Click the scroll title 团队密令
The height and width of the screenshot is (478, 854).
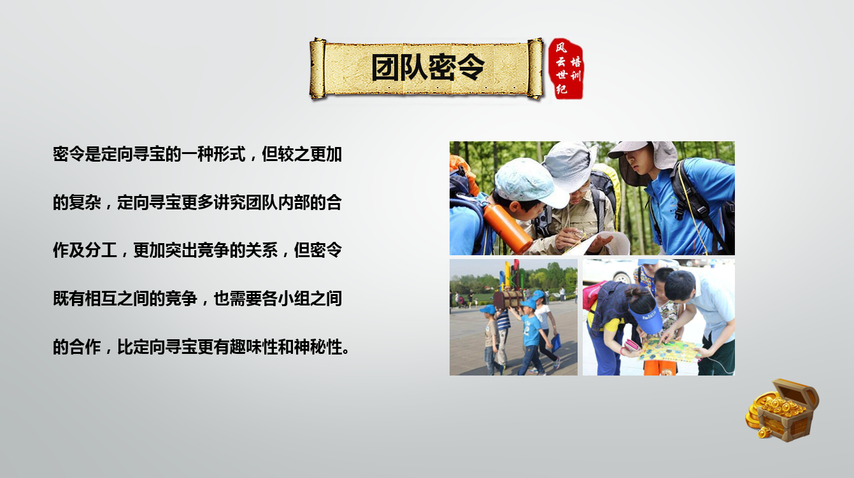tap(428, 67)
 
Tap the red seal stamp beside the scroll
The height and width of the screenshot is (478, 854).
tap(566, 69)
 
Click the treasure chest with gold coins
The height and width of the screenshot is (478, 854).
tap(782, 410)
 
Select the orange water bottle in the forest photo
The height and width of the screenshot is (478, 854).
tap(508, 228)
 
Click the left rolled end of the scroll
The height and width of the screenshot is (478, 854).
tap(318, 69)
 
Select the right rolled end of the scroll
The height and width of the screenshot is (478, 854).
tap(536, 69)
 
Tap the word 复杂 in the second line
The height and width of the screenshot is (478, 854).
tap(85, 202)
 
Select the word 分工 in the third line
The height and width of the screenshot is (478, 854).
tap(101, 250)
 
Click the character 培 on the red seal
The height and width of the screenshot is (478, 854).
tap(575, 62)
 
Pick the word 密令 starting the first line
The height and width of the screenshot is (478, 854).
tap(69, 155)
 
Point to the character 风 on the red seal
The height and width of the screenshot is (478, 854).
tap(561, 48)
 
